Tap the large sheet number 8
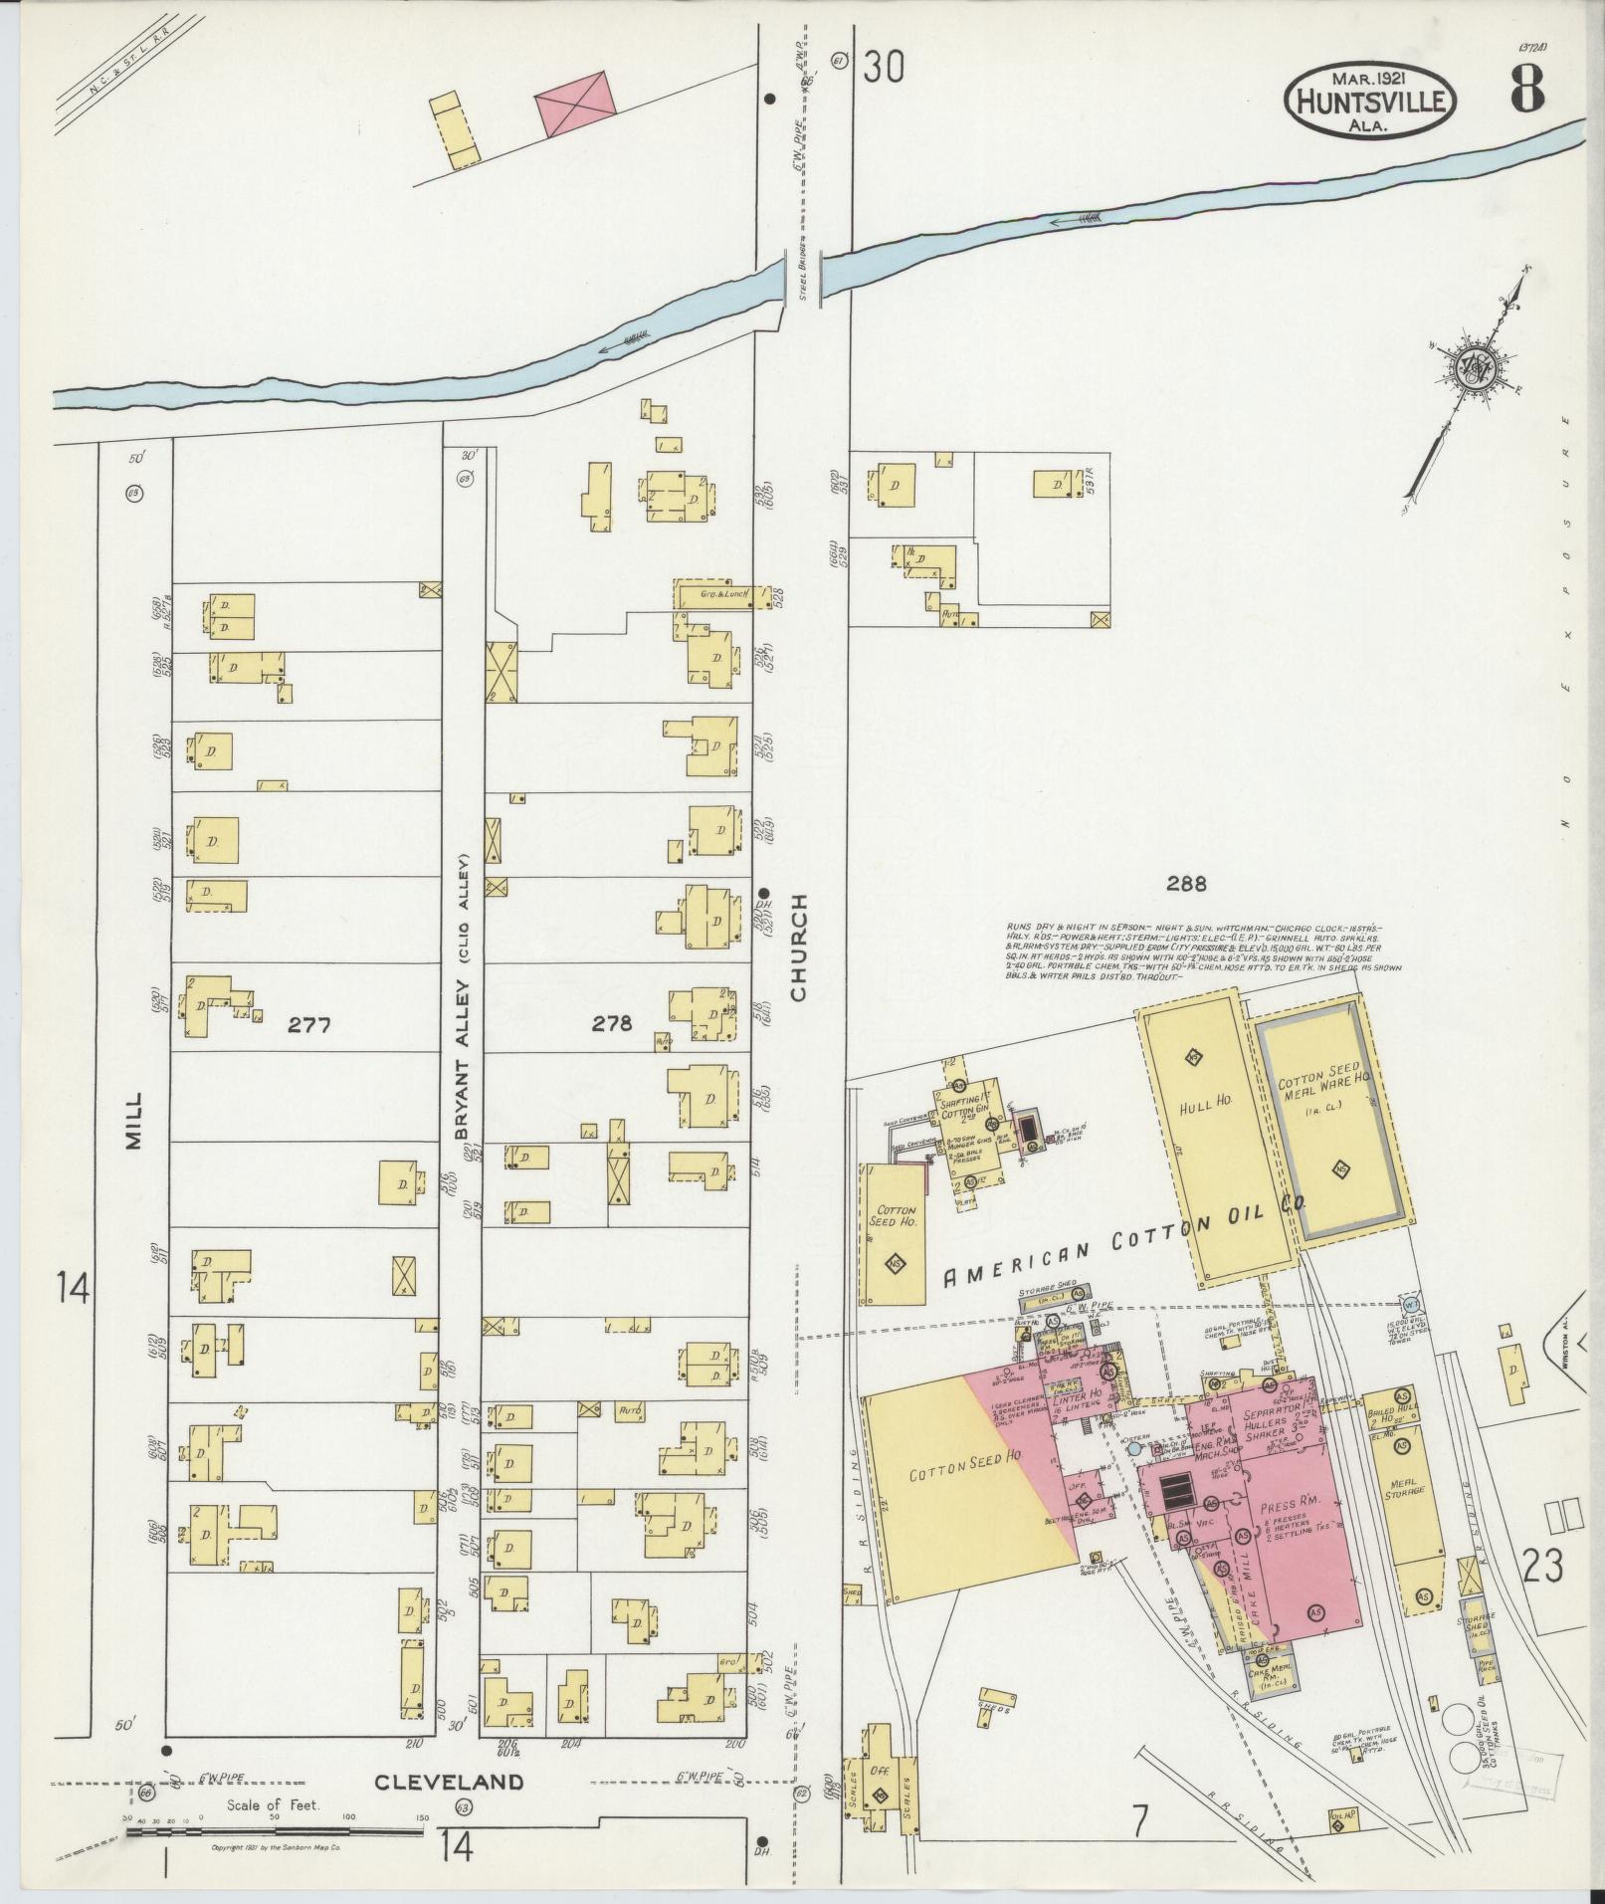tap(1527, 91)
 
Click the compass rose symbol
tap(1474, 371)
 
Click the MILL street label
tap(135, 1120)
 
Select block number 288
tap(1188, 883)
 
